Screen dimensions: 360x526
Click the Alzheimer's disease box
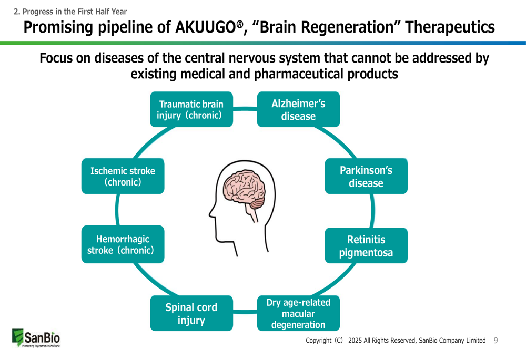tap(298, 109)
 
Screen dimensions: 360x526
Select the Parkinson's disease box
tap(366, 177)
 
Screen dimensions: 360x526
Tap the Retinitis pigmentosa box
tap(366, 246)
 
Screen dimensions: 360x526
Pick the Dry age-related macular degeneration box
tap(298, 313)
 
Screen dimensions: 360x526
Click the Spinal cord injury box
tap(191, 313)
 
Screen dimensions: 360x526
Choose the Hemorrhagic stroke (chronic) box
tap(123, 245)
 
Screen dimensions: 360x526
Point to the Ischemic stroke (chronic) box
tap(123, 176)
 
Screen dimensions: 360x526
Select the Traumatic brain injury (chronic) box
tap(191, 109)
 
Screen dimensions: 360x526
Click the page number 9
tap(495, 341)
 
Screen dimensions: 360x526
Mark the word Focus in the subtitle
tap(56, 58)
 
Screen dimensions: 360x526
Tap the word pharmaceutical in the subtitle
tap(300, 74)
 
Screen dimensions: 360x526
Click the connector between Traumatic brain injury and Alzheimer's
tap(245, 109)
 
